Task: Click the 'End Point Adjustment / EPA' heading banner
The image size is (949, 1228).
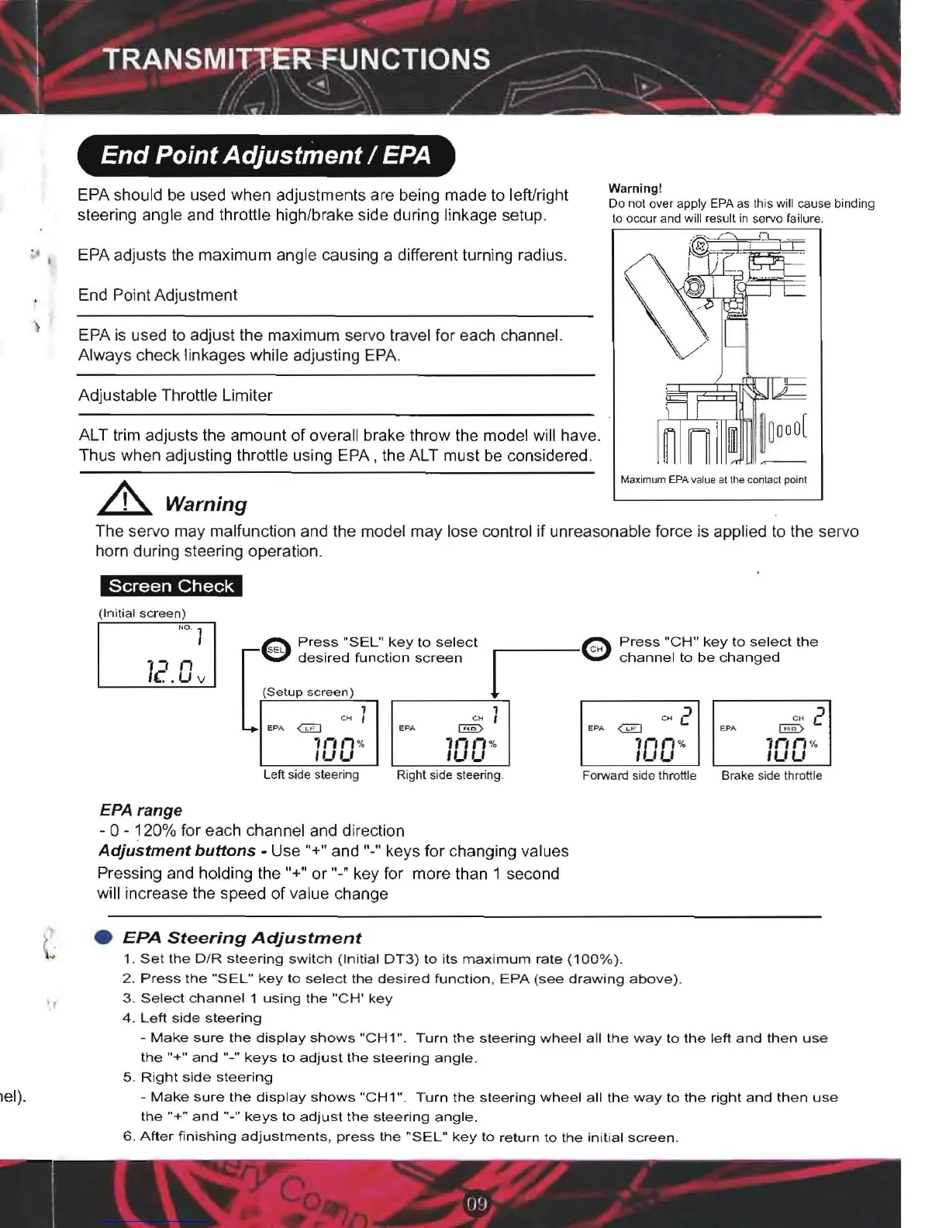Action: (x=265, y=156)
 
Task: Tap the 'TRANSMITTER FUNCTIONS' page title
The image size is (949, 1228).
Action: (x=297, y=60)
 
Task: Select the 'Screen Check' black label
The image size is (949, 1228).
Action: (x=171, y=586)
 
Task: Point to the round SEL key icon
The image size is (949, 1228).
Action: (x=275, y=650)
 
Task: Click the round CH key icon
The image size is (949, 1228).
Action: (x=596, y=650)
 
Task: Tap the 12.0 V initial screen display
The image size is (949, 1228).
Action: (x=157, y=655)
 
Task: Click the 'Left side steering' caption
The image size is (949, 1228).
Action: (x=311, y=774)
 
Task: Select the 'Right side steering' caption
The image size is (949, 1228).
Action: (x=450, y=774)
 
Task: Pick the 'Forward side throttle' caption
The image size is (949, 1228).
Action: (x=639, y=775)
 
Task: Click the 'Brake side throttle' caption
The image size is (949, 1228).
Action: (x=771, y=775)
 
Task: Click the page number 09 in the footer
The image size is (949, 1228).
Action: (x=477, y=1204)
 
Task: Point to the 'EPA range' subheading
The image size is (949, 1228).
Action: (x=141, y=810)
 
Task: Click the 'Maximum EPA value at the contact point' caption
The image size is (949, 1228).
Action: (x=713, y=480)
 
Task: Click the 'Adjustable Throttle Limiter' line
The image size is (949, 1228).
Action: (x=175, y=395)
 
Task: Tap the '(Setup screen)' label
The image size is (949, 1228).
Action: (x=308, y=692)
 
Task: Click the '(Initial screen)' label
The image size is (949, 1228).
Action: (x=142, y=613)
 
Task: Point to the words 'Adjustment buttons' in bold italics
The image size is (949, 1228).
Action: (x=177, y=850)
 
